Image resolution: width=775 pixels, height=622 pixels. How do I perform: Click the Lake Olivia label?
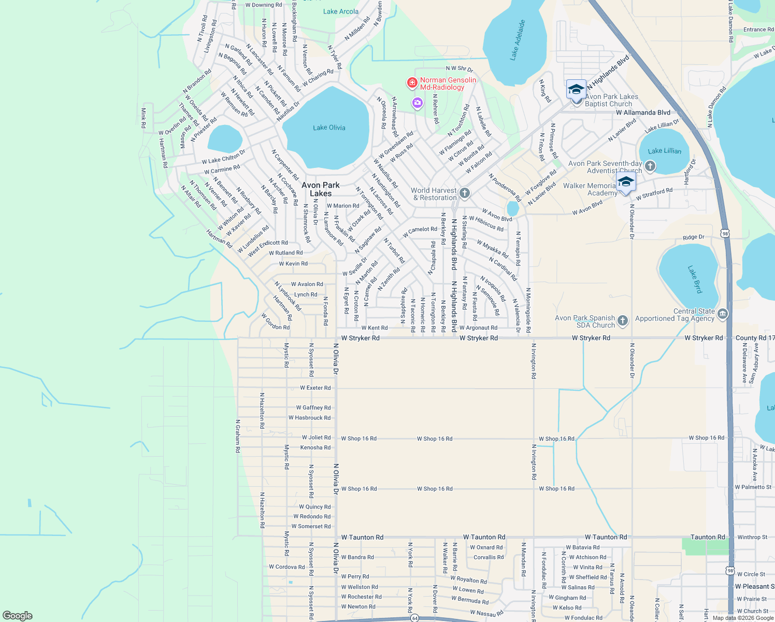point(329,128)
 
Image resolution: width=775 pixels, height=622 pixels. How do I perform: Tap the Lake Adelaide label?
point(518,40)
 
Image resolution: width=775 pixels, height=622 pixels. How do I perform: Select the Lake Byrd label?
point(695,279)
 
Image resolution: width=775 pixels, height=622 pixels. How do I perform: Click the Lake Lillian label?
point(665,151)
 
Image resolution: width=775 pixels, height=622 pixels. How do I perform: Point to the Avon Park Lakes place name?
point(321,189)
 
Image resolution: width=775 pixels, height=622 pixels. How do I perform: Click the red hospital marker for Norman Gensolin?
point(412,83)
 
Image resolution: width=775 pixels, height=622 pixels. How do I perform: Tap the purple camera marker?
point(418,103)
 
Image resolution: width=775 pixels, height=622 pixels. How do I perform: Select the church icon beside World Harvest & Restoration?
point(465,194)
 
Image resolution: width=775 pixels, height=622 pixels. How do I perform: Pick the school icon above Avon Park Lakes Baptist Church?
point(576,90)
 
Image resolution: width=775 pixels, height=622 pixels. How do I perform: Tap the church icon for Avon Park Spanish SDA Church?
point(623,321)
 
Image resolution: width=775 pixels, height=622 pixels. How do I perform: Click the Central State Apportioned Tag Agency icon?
point(723,314)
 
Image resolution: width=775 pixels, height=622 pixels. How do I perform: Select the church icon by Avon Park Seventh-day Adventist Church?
point(650,166)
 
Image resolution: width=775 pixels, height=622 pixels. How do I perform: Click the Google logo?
point(18,616)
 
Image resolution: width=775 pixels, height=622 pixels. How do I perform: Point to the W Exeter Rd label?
point(315,388)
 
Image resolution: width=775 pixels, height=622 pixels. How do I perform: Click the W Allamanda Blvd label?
point(643,112)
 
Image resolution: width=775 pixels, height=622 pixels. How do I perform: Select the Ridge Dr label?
point(693,237)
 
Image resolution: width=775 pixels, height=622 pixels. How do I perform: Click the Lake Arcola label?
point(340,11)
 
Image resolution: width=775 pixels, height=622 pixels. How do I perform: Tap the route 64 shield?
point(414,618)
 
